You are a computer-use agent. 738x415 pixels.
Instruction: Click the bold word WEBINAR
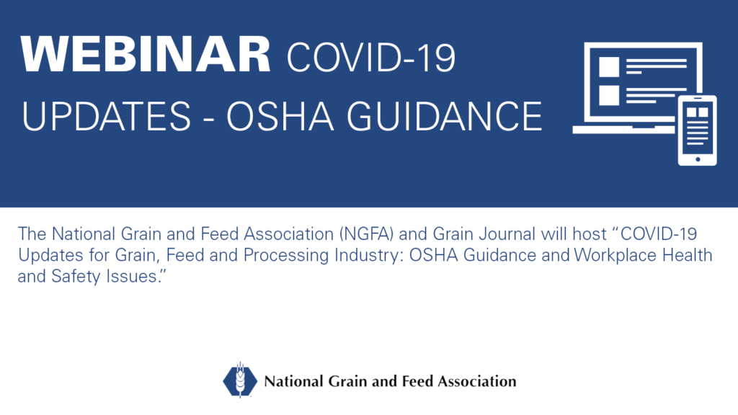146,55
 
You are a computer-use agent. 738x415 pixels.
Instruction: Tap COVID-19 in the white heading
371,58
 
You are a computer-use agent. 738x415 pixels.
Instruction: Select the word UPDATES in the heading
107,116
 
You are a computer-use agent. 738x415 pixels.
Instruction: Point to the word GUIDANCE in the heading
444,116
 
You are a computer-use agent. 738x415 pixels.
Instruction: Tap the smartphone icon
697,130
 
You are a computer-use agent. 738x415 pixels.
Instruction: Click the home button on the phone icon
698,159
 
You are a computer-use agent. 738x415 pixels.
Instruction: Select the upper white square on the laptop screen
608,67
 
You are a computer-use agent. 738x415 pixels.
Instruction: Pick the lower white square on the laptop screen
608,96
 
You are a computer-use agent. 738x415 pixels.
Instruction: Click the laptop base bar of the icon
625,130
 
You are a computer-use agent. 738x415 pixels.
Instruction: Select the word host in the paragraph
590,234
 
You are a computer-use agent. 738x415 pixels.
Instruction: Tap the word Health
687,255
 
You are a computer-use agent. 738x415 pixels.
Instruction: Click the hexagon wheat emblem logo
240,380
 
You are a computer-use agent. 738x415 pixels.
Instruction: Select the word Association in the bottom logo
477,381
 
